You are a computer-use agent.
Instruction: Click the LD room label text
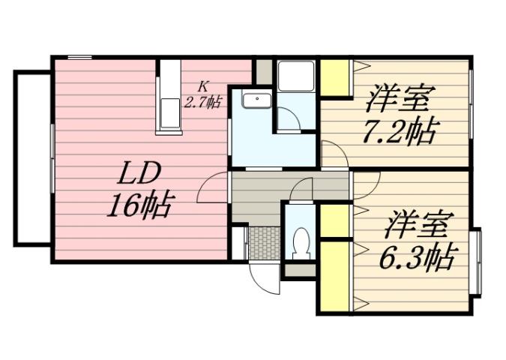click(x=139, y=174)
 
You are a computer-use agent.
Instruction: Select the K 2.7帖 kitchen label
click(x=203, y=95)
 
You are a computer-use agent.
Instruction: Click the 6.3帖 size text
click(x=416, y=259)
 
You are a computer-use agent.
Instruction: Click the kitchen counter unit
click(x=169, y=97)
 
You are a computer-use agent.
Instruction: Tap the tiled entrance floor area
click(x=263, y=241)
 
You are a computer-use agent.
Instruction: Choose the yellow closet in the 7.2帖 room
click(x=336, y=78)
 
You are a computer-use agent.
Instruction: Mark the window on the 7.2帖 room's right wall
click(x=471, y=105)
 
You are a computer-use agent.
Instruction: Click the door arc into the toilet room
click(x=301, y=190)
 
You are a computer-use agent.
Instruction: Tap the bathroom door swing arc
click(x=287, y=118)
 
